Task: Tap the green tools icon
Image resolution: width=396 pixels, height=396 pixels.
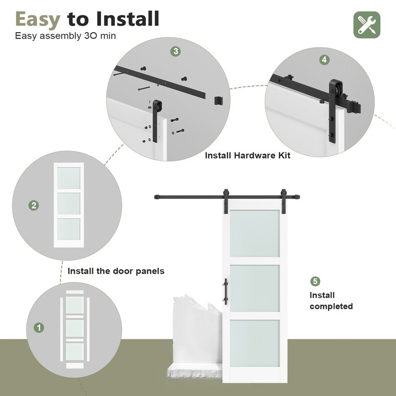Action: tap(367, 24)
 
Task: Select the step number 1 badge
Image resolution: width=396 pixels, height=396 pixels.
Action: tap(38, 328)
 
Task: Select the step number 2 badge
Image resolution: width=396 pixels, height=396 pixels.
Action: tap(34, 205)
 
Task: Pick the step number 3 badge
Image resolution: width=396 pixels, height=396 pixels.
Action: tap(176, 51)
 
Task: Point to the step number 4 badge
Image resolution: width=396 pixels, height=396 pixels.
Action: tap(324, 59)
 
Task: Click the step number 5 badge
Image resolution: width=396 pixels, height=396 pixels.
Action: tap(315, 282)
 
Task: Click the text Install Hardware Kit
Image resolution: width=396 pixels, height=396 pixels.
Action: tap(247, 155)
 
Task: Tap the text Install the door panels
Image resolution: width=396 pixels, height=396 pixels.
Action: tap(116, 271)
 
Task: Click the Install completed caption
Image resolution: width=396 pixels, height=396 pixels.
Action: tap(331, 301)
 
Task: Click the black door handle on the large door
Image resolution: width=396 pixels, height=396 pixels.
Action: tap(225, 290)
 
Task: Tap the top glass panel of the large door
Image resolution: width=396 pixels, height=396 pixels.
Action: tap(254, 233)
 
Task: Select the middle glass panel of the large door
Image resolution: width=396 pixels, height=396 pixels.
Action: tap(254, 288)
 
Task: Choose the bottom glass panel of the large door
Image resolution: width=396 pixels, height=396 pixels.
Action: tap(254, 343)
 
